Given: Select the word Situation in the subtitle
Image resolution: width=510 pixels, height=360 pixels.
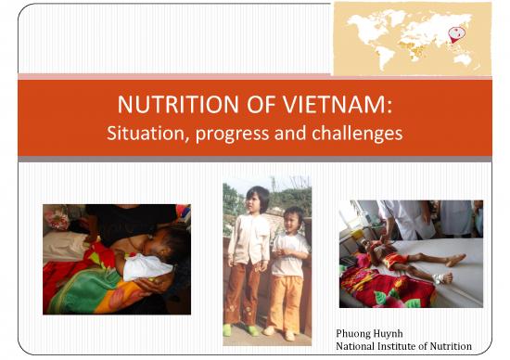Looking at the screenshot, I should [146, 134].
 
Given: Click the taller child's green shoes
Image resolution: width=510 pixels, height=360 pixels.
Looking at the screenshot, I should [240, 329].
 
